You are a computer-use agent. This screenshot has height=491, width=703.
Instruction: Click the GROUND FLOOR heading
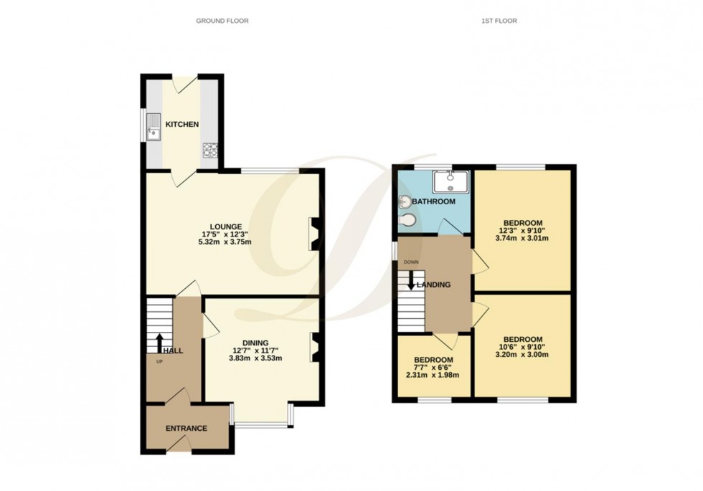tap(222, 21)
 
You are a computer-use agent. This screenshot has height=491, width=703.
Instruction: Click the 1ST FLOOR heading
tap(499, 21)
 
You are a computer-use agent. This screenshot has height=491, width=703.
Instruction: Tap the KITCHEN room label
tap(182, 125)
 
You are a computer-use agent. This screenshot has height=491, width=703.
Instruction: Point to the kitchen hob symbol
tap(210, 149)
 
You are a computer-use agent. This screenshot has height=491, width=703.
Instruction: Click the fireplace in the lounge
tap(314, 234)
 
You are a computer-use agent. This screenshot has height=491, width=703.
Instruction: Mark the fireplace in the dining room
tap(314, 347)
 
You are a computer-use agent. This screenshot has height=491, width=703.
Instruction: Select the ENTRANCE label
tap(187, 429)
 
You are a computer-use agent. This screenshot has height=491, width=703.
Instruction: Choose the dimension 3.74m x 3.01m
tap(522, 239)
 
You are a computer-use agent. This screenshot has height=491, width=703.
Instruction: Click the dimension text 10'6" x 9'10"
tap(523, 348)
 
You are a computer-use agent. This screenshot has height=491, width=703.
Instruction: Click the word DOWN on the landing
tap(411, 262)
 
